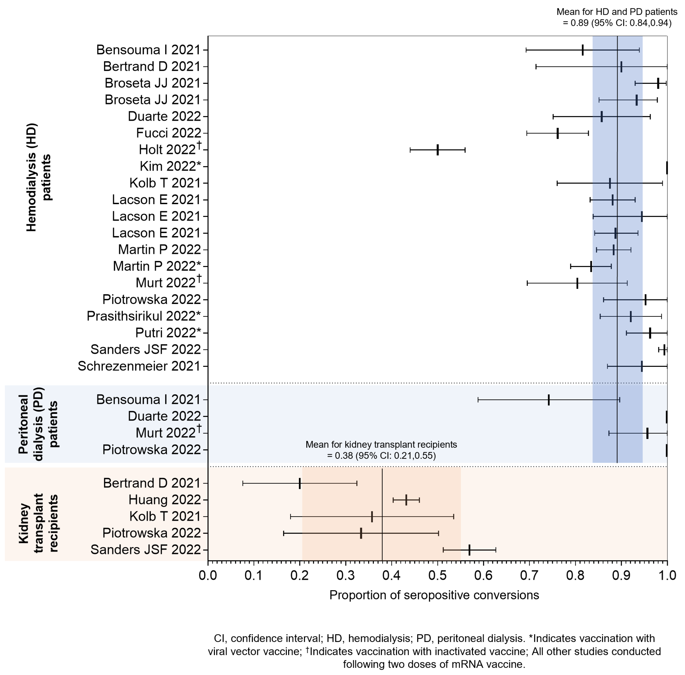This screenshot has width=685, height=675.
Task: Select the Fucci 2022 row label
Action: pos(168,133)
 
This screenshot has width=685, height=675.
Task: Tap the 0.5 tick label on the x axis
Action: pos(438,575)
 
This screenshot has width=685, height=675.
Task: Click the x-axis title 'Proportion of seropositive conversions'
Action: pos(434,595)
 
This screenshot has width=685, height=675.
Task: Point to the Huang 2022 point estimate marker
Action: pos(406,500)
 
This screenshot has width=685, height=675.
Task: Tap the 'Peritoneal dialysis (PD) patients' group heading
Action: pos(38,424)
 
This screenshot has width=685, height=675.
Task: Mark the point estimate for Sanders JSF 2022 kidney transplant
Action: pos(469,550)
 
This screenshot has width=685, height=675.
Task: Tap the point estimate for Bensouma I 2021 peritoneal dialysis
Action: pos(549,400)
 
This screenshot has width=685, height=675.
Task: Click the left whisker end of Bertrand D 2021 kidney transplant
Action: pos(243,483)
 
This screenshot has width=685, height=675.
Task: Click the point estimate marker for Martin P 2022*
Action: pos(591,266)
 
